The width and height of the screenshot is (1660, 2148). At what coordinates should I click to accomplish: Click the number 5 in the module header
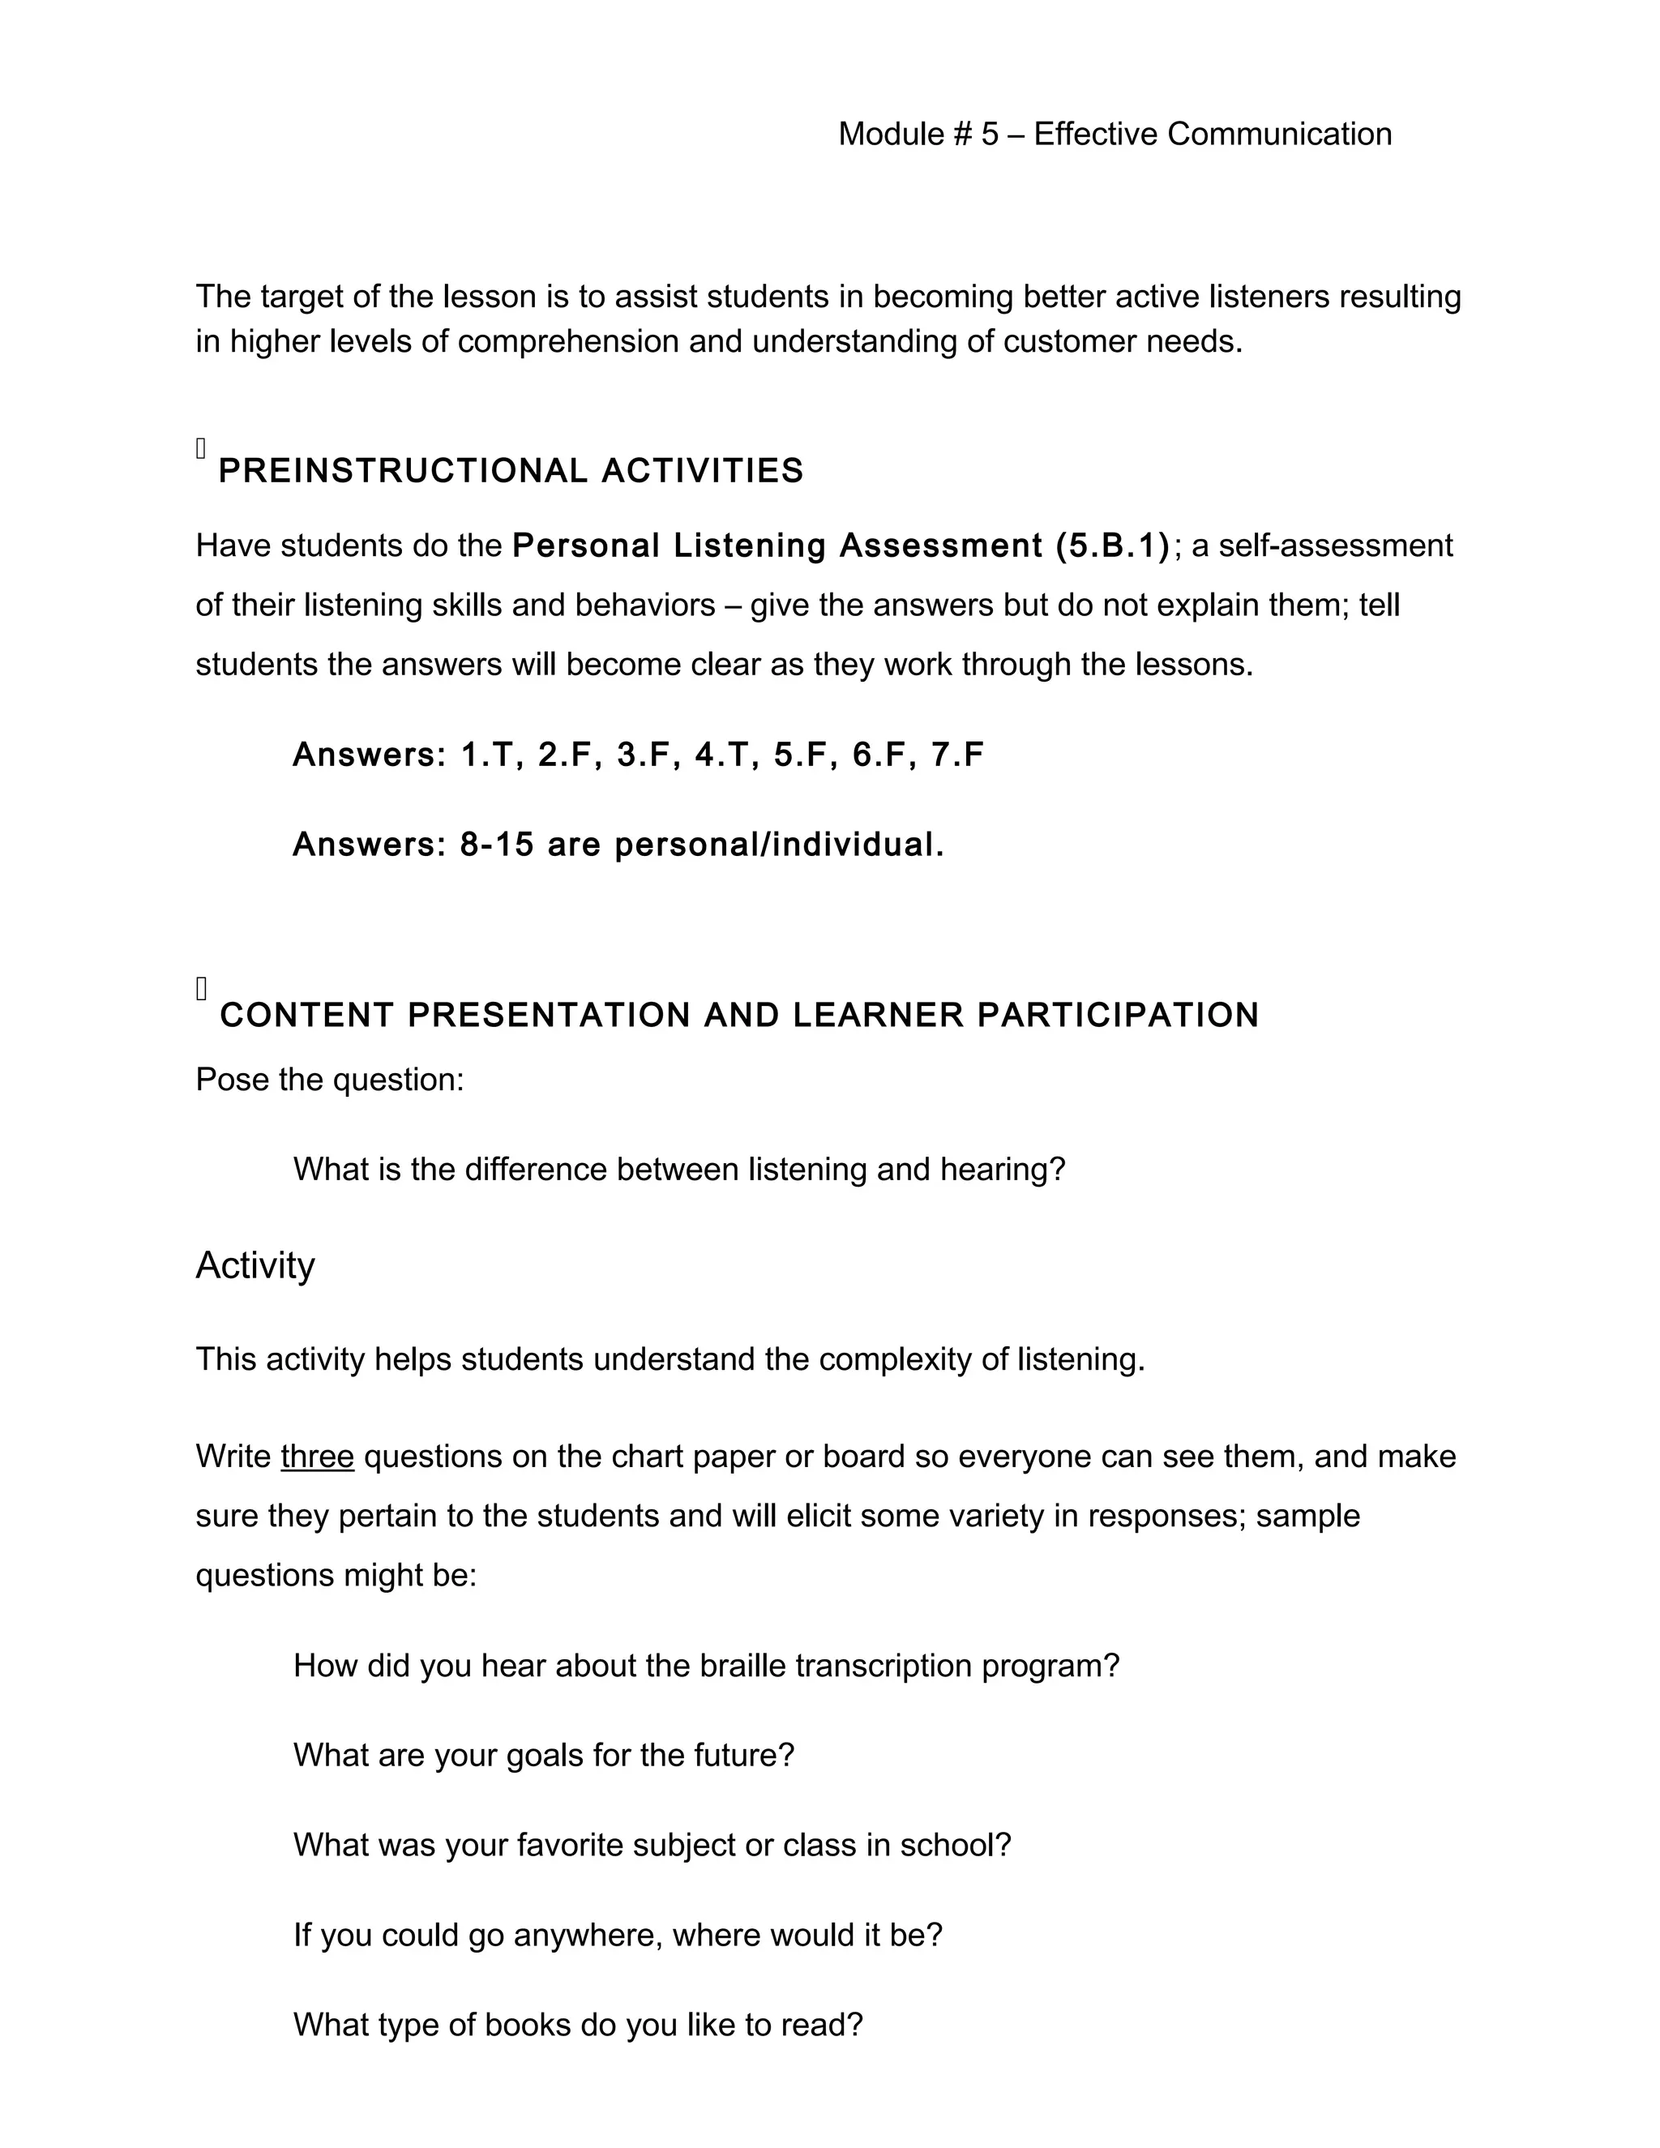pyautogui.click(x=990, y=135)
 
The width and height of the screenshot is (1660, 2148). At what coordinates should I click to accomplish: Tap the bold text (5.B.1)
pyautogui.click(x=1112, y=546)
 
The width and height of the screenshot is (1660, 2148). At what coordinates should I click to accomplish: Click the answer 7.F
pyautogui.click(x=957, y=755)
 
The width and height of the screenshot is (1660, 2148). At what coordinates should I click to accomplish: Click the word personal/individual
pyautogui.click(x=779, y=844)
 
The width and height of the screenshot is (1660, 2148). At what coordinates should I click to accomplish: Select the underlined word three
pyautogui.click(x=317, y=1456)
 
